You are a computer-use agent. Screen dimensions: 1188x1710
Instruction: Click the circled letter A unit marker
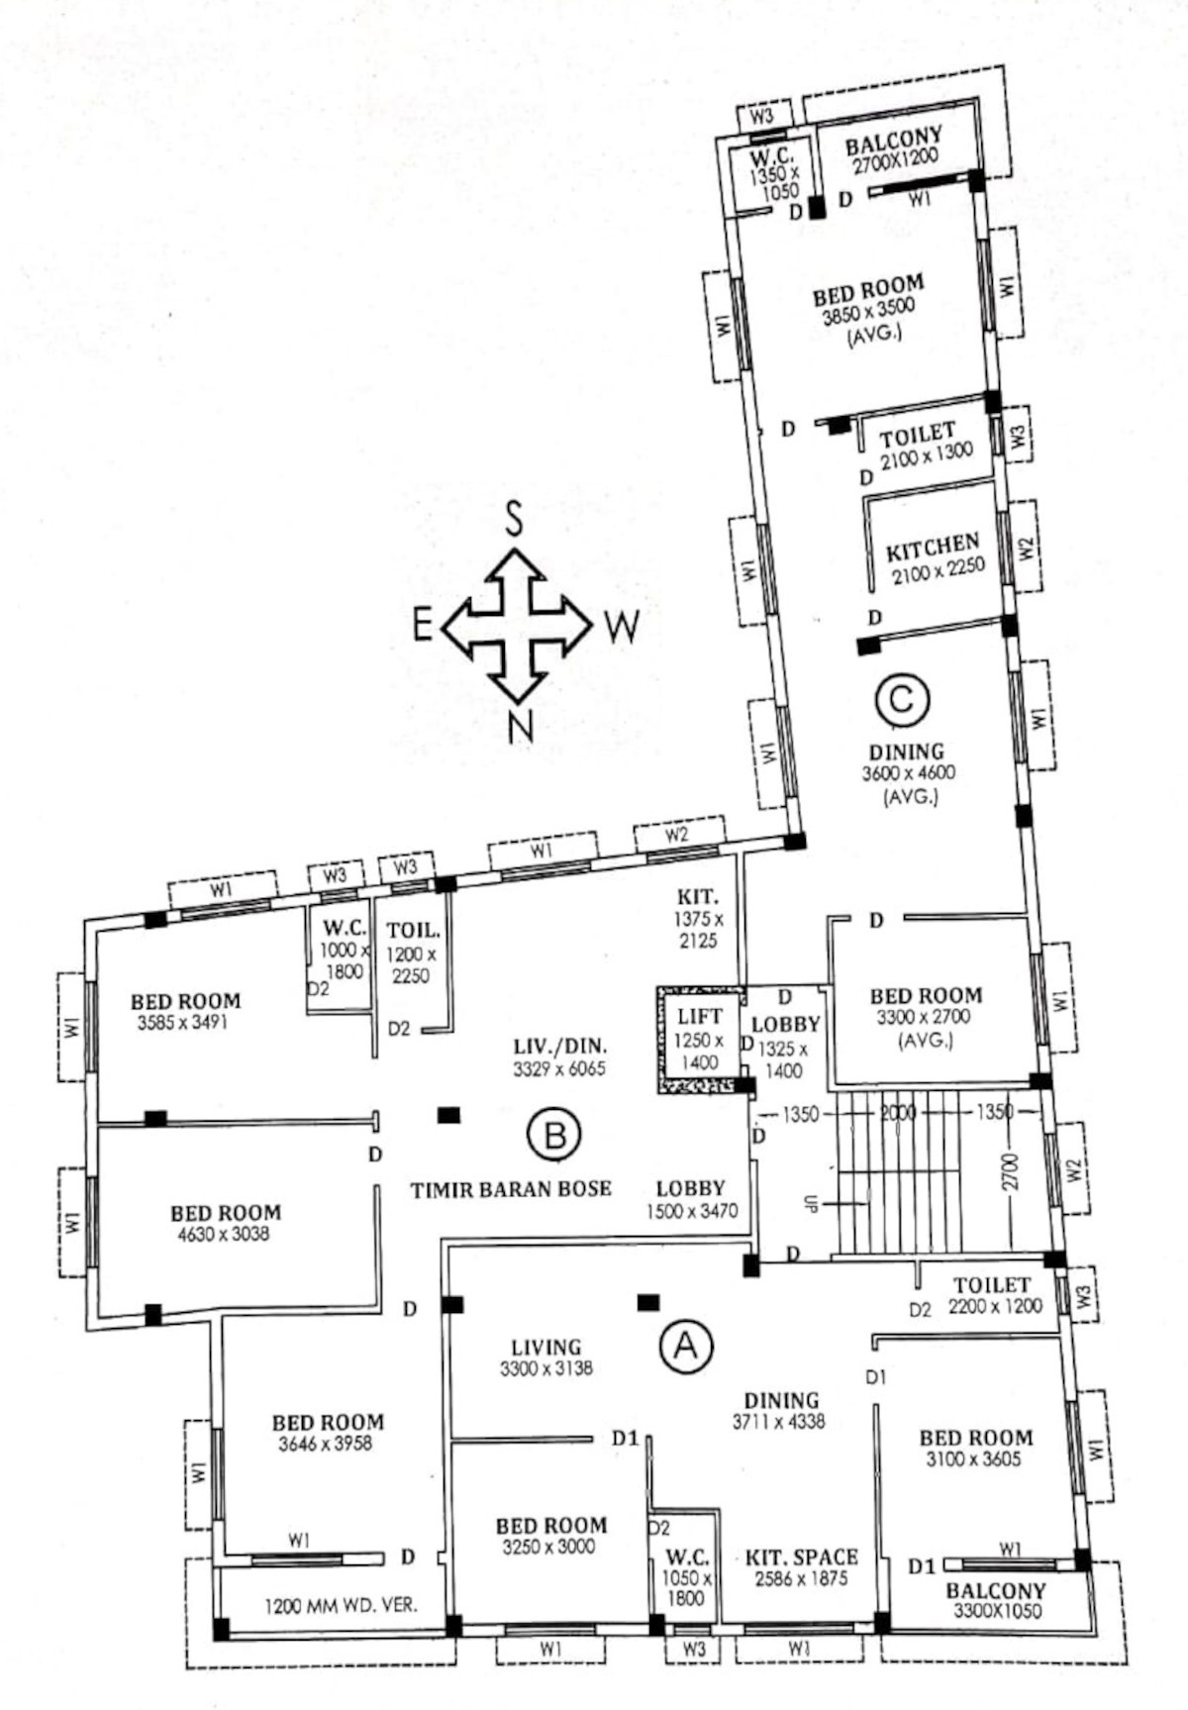click(x=685, y=1346)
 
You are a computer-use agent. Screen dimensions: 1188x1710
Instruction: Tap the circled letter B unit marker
click(x=554, y=1135)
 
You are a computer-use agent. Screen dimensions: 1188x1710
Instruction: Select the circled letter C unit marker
click(x=902, y=700)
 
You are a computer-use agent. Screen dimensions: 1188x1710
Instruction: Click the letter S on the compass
click(x=514, y=518)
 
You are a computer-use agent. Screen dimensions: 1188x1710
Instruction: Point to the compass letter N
click(x=520, y=727)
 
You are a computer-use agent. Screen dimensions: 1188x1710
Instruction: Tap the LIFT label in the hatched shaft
click(x=699, y=1016)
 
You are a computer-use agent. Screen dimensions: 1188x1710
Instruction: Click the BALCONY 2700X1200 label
click(x=893, y=151)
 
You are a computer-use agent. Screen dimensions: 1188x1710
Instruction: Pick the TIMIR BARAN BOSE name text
click(x=511, y=1188)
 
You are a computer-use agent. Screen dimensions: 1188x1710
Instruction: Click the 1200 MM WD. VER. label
click(x=341, y=1605)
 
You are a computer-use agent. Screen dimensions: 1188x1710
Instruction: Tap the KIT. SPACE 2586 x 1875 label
click(x=801, y=1567)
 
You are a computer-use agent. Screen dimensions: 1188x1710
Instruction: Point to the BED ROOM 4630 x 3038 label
click(x=226, y=1223)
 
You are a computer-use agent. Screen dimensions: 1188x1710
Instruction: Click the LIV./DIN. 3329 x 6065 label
click(x=559, y=1056)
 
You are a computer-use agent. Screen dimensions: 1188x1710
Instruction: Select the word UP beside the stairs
click(x=811, y=1205)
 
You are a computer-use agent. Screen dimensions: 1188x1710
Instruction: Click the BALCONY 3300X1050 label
click(x=996, y=1600)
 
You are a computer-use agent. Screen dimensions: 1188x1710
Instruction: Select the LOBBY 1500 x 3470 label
click(x=691, y=1198)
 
